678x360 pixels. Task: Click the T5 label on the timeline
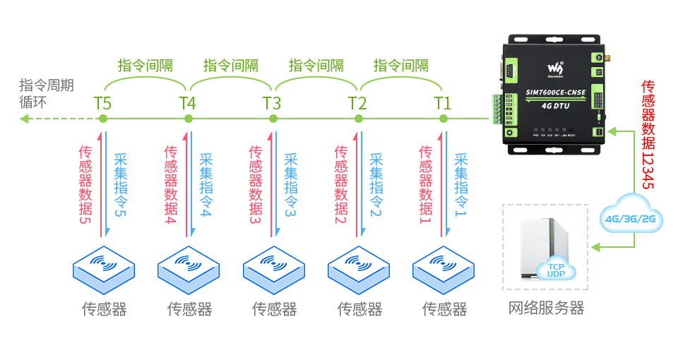(x=102, y=103)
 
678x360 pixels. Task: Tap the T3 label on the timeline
(x=272, y=103)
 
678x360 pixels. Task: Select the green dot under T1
(x=444, y=119)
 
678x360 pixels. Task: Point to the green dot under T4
(x=188, y=119)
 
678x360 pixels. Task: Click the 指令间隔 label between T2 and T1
(x=400, y=66)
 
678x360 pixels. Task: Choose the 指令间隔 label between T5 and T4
(x=145, y=66)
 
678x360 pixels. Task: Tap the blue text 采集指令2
(x=375, y=185)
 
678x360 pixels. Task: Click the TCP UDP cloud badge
(x=557, y=269)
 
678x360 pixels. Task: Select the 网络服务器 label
(x=546, y=308)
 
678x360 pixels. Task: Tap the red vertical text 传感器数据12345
(x=648, y=134)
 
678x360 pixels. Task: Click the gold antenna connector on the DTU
(x=605, y=56)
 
